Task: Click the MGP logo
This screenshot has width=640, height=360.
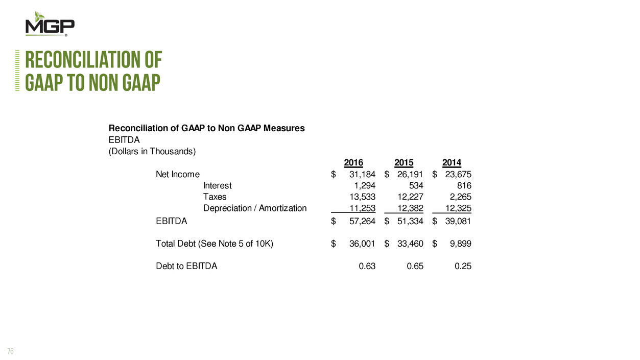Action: (x=50, y=24)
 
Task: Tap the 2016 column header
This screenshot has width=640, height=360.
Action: (x=353, y=163)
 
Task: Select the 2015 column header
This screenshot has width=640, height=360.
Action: (x=404, y=163)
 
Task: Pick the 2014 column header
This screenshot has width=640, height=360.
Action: (x=452, y=163)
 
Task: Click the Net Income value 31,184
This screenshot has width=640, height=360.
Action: (x=362, y=175)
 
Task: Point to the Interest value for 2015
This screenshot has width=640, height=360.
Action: (x=416, y=186)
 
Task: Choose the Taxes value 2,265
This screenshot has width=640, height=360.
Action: (x=460, y=197)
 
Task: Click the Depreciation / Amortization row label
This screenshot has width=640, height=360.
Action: (x=255, y=208)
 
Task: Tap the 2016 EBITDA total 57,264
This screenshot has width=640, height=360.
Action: (x=362, y=222)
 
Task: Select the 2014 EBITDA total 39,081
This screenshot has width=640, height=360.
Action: (x=458, y=222)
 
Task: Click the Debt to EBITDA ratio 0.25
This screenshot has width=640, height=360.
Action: (x=463, y=266)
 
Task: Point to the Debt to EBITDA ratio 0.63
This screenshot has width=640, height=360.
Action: (x=367, y=266)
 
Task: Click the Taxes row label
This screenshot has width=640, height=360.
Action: (x=215, y=197)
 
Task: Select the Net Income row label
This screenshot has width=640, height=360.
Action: (x=178, y=175)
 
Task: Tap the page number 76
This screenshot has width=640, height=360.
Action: (x=11, y=351)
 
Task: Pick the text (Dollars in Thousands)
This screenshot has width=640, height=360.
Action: (x=153, y=152)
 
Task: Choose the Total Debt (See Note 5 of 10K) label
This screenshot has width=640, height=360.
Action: (x=215, y=244)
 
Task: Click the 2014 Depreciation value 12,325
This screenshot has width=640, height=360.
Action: (x=458, y=208)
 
